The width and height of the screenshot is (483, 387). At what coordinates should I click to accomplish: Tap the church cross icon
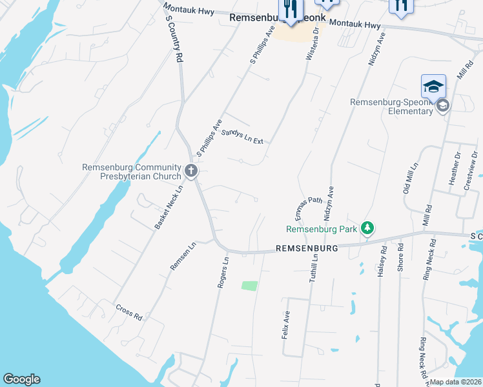[191, 171]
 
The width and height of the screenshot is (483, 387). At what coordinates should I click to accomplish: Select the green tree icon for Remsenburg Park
[367, 228]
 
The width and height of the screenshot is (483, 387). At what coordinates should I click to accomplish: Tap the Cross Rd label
[129, 312]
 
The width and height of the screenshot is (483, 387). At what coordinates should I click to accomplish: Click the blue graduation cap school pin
[433, 86]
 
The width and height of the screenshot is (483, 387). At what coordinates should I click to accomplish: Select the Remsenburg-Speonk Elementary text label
[392, 106]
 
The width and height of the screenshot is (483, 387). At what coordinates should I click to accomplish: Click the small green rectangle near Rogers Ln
[249, 285]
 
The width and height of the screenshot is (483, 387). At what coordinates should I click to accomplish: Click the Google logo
[21, 379]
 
